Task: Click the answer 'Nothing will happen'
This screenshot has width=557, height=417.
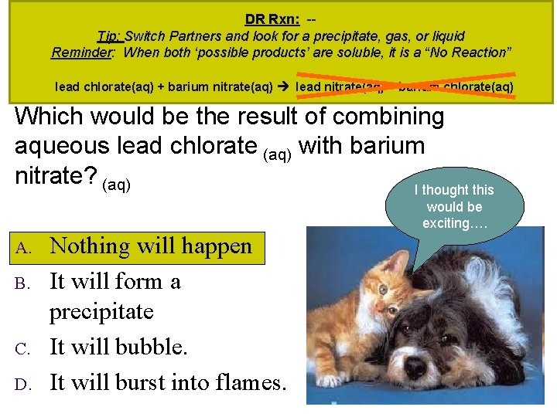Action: [x=151, y=246]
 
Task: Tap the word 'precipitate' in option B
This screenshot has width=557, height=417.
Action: [x=101, y=312]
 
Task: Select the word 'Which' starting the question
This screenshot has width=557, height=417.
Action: [x=53, y=117]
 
